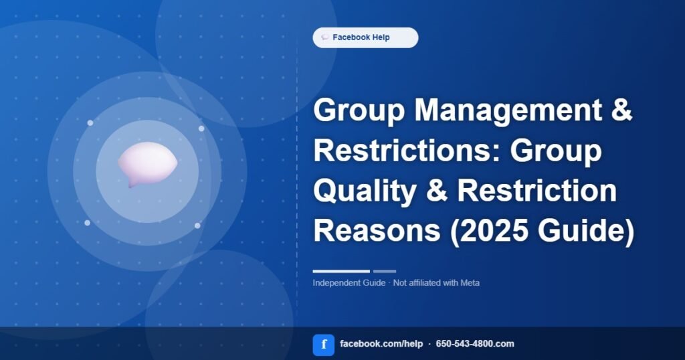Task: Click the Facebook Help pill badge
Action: click(365, 37)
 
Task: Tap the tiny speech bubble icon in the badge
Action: click(325, 37)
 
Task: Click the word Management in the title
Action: click(508, 110)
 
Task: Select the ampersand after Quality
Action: click(437, 190)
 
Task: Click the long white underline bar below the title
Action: click(341, 271)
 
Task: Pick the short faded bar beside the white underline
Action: click(385, 271)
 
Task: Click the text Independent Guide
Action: click(349, 282)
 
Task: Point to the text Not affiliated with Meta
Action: click(436, 282)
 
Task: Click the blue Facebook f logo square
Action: click(324, 345)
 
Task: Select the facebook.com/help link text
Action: click(381, 344)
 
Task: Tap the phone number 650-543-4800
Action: click(464, 344)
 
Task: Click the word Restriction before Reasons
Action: click(537, 190)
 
